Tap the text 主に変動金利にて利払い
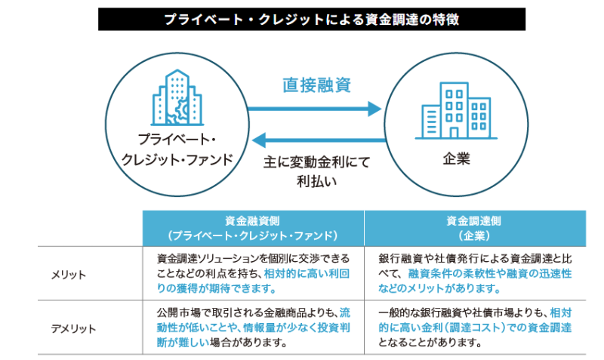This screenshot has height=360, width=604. click(x=316, y=171)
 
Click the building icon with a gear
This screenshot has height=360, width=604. click(x=176, y=97)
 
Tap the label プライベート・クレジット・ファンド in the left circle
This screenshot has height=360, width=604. click(x=177, y=149)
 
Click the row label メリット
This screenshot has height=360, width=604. click(x=69, y=272)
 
